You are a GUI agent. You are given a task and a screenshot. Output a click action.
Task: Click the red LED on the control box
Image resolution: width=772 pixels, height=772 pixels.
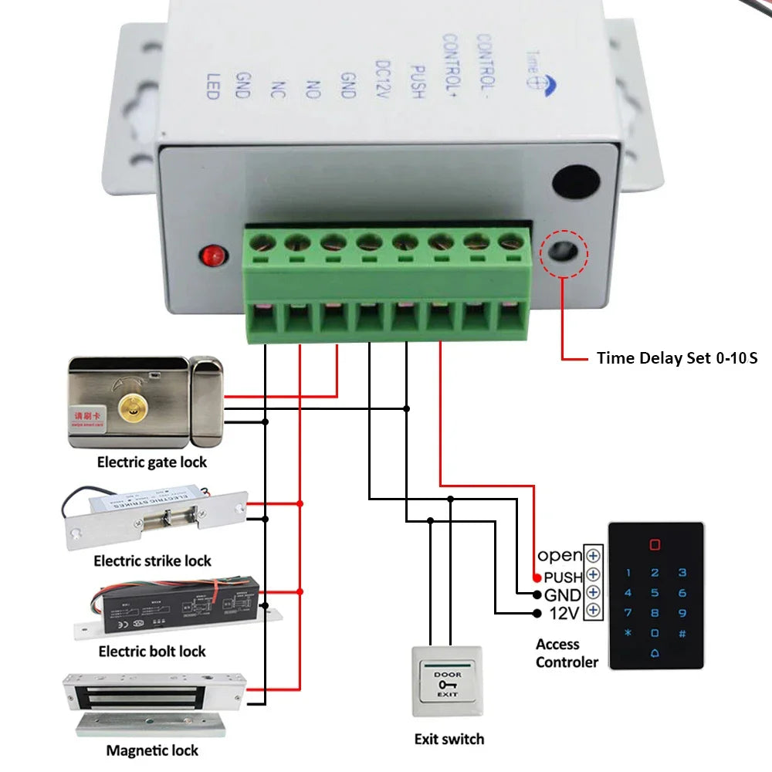pyautogui.click(x=211, y=254)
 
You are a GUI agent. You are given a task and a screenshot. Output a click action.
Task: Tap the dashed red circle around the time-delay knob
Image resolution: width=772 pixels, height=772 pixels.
pyautogui.click(x=564, y=253)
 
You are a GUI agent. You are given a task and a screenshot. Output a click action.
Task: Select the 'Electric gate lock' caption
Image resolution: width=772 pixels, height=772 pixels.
pyautogui.click(x=152, y=462)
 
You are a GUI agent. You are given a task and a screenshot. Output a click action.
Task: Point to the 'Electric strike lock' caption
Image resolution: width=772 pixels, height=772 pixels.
pyautogui.click(x=152, y=560)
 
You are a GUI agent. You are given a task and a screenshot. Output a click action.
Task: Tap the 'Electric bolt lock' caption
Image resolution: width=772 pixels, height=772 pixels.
pyautogui.click(x=152, y=652)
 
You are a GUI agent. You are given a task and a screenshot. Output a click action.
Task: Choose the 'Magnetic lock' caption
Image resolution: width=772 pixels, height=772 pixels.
pyautogui.click(x=152, y=750)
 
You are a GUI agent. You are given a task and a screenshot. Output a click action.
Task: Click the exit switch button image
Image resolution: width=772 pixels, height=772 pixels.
pyautogui.click(x=448, y=680)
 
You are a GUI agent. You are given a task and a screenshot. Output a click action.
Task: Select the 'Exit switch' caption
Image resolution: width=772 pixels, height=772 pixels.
pyautogui.click(x=449, y=739)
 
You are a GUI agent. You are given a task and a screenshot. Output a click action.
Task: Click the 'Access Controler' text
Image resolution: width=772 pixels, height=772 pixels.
pyautogui.click(x=567, y=653)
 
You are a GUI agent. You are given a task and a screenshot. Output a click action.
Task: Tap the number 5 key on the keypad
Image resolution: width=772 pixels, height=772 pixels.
pyautogui.click(x=655, y=593)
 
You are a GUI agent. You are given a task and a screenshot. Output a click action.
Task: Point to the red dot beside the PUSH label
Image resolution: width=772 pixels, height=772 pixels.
pyautogui.click(x=537, y=577)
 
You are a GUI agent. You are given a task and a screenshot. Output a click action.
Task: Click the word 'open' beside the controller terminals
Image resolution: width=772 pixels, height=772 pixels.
pyautogui.click(x=560, y=555)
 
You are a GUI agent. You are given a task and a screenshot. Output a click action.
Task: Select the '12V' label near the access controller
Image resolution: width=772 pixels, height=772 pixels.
pyautogui.click(x=563, y=613)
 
